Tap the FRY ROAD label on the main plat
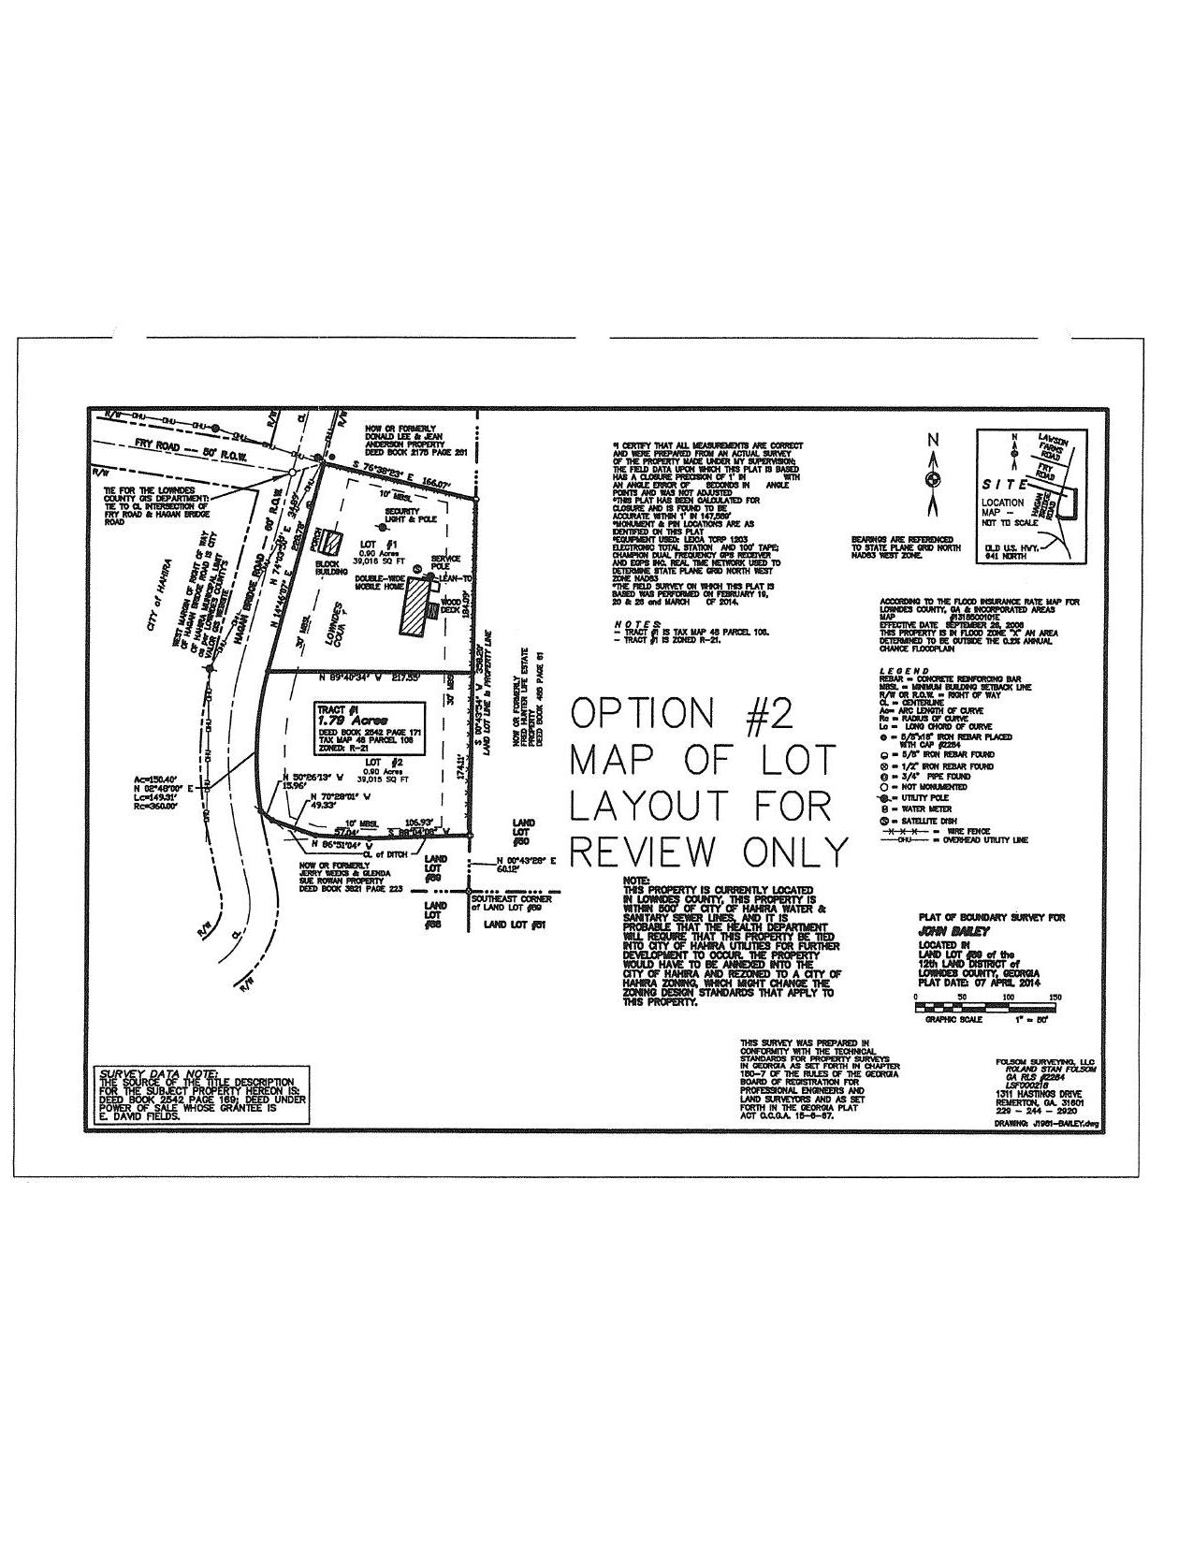tap(156, 446)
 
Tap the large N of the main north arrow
tap(932, 440)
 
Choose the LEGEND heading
tap(904, 671)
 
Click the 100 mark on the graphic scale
tap(1008, 998)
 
